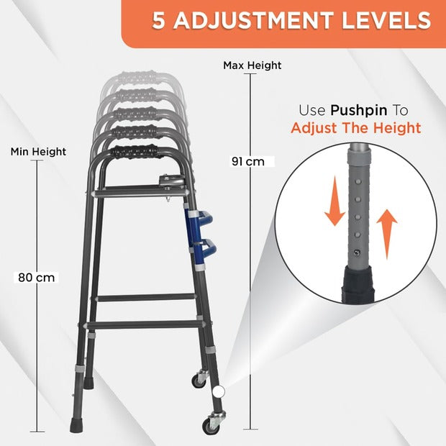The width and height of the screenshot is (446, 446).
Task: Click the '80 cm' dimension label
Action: (36, 278)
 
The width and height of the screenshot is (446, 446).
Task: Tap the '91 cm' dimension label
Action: (248, 162)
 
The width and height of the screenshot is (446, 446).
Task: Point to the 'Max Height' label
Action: (252, 65)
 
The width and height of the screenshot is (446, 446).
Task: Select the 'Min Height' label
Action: (38, 152)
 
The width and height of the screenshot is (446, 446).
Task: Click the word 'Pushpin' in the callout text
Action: (359, 110)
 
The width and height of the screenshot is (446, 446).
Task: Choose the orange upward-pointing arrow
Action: (387, 235)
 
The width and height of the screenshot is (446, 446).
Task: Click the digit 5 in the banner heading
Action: (159, 20)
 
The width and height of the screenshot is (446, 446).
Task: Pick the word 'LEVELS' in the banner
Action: (386, 20)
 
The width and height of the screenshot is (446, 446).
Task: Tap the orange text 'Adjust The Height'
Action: (356, 128)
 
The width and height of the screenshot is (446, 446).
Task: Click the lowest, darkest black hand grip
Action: (134, 153)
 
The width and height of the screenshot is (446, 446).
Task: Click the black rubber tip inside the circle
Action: (358, 283)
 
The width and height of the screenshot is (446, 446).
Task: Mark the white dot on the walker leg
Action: (219, 391)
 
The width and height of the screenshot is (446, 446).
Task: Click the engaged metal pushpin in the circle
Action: (356, 252)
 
